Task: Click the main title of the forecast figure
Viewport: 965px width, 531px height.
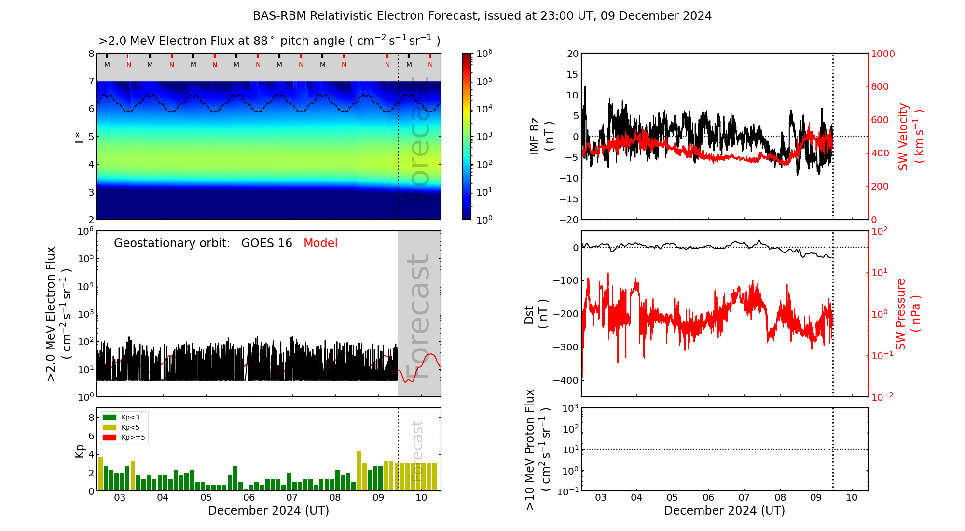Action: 482,16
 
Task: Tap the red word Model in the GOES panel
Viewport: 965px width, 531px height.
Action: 320,243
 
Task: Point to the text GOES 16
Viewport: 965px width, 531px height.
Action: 266,243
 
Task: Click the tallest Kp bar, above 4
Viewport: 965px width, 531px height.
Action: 359,471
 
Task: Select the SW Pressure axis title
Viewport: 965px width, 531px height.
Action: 908,314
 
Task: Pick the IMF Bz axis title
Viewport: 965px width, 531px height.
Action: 541,136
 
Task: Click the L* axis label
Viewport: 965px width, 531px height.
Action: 80,136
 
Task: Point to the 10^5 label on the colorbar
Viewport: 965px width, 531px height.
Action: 484,81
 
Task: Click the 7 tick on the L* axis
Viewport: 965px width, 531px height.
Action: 91,81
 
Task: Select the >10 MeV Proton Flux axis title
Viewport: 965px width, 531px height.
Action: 537,449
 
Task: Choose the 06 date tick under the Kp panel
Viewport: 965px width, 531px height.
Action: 249,498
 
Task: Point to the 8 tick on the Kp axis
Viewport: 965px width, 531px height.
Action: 91,418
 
